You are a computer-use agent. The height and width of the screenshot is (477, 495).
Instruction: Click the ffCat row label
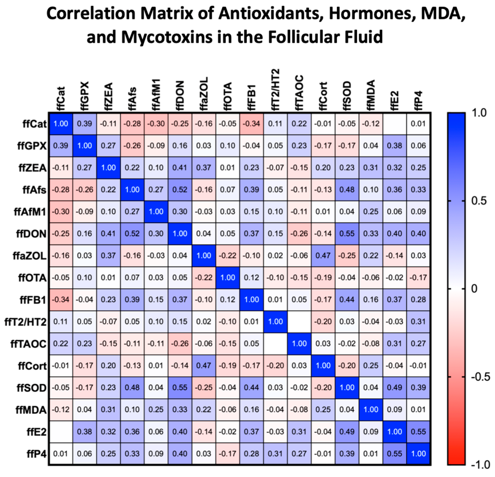click(x=35, y=124)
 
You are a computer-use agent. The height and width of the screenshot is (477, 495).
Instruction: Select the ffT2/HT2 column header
click(x=276, y=90)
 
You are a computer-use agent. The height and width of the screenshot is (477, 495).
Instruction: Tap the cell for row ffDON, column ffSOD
click(x=347, y=234)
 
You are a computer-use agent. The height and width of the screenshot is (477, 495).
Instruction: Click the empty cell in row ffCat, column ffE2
click(x=394, y=124)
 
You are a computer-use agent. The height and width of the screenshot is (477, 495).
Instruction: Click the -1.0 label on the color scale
click(x=480, y=465)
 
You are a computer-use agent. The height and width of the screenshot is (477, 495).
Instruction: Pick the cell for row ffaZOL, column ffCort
click(x=323, y=255)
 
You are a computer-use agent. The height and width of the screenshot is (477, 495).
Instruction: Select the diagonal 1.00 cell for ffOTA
click(x=228, y=278)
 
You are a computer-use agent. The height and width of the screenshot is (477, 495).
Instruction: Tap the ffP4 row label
click(x=37, y=454)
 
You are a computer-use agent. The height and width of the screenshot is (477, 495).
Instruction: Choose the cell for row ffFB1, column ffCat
click(x=61, y=299)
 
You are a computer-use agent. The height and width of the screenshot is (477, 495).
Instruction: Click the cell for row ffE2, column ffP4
click(x=418, y=432)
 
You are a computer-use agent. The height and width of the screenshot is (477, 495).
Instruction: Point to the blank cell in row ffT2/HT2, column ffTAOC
click(x=299, y=321)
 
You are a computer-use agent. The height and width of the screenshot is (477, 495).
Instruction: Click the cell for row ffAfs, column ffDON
click(x=180, y=190)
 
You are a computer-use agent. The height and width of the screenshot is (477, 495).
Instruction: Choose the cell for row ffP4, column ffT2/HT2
click(x=276, y=454)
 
